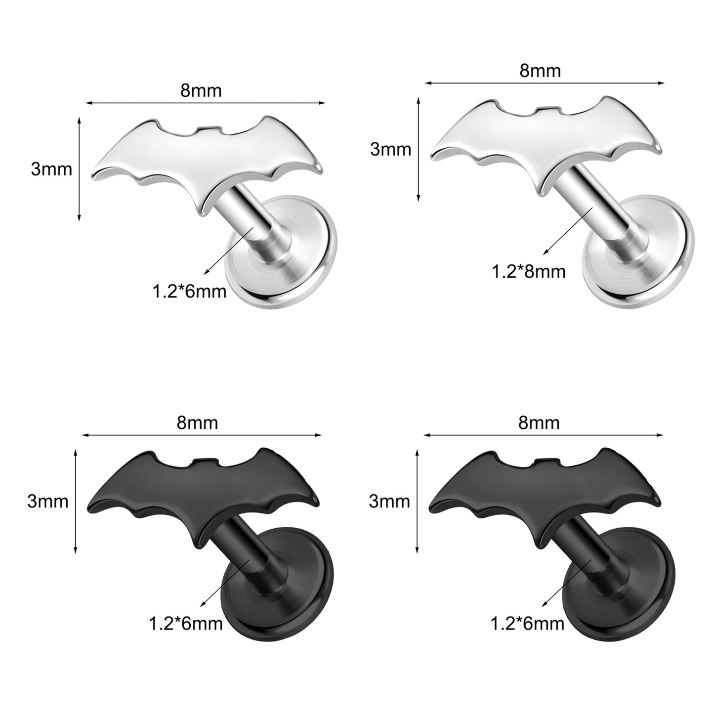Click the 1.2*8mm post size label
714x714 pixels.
[528, 272]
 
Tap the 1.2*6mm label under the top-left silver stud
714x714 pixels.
[189, 292]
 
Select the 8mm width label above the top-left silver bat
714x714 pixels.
[201, 90]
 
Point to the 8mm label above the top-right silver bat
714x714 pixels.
[540, 70]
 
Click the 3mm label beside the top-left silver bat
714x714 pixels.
[51, 169]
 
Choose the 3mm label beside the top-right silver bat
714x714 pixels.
[390, 149]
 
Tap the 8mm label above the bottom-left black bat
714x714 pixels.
[197, 423]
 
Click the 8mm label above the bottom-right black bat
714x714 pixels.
[539, 423]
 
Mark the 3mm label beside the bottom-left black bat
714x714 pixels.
[48, 502]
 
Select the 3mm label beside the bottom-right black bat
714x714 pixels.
[389, 502]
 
